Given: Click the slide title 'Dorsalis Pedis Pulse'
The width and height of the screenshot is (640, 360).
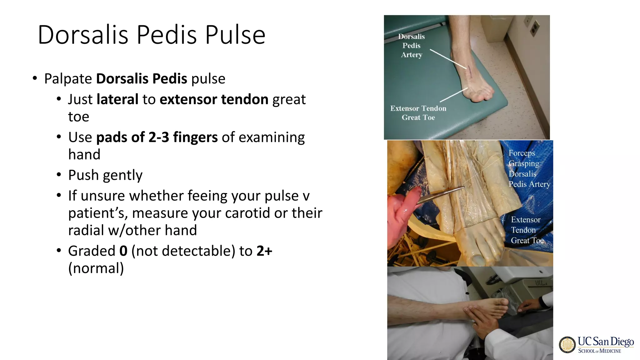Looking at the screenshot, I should coord(152,35).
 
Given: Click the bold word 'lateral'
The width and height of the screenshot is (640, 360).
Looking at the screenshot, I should coord(117,99).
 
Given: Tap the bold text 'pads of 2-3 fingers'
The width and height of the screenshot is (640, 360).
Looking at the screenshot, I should coord(157,137).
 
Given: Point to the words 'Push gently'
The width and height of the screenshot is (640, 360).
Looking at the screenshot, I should coord(105,175).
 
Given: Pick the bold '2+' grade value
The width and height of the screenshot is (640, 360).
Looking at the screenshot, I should coord(264,251).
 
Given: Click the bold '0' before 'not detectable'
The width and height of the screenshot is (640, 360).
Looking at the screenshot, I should coord(123,251).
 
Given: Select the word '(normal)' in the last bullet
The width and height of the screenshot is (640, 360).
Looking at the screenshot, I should coord(96,268).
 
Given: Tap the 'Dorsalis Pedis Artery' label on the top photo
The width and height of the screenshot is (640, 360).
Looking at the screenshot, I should coord(412,46).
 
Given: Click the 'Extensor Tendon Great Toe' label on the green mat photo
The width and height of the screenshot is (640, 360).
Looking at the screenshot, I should coord(418,113).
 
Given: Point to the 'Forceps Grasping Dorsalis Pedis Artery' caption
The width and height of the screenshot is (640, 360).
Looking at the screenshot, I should coord(529,169).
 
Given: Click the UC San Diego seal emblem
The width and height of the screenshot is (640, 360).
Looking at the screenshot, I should coord(567,345).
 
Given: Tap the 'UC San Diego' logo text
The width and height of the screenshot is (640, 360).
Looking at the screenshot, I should coord(605,341).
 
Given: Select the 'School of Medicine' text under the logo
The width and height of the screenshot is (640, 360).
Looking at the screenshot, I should coord(599,351).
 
